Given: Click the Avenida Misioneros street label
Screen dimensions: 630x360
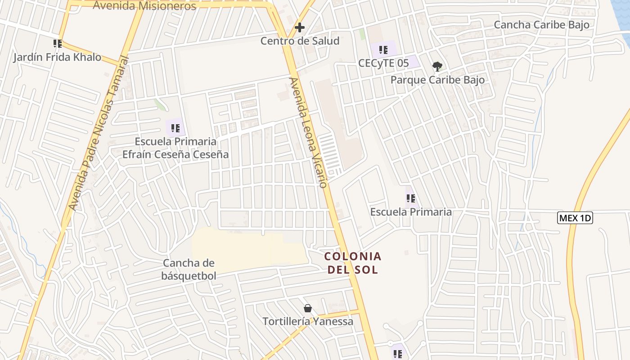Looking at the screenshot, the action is (144, 6).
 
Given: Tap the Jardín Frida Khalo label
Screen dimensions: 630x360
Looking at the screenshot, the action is (57, 57).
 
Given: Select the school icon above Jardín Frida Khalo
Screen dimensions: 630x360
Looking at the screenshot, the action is (57, 44).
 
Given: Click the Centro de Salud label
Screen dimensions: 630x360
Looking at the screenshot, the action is (300, 41).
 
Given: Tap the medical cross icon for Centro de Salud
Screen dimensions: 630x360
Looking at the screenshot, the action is (299, 27).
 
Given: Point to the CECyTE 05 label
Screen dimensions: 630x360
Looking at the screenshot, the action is (383, 63).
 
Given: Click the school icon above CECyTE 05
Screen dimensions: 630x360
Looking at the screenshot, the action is (383, 49).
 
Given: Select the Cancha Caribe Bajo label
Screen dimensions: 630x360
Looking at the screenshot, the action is (541, 25).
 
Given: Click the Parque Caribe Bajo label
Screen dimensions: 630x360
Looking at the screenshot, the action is (437, 80).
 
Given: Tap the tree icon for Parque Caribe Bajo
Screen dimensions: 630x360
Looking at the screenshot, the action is (437, 67).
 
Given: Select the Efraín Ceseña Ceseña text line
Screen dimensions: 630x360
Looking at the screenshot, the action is (175, 154).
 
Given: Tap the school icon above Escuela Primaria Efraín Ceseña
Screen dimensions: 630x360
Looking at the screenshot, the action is (175, 127).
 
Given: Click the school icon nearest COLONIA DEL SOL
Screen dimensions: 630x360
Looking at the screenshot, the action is (410, 198).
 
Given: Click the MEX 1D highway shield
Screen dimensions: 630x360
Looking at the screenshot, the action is (575, 218).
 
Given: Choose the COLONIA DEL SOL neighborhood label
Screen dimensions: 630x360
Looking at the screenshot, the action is (353, 263).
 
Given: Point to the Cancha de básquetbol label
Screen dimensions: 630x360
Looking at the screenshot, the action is (189, 269).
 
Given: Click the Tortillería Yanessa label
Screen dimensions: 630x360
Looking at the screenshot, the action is (308, 322).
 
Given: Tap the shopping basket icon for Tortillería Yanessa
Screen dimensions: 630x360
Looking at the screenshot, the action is (308, 308).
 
